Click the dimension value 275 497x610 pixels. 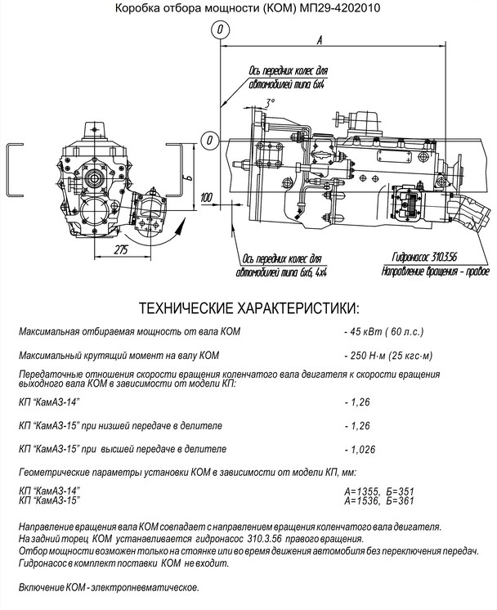pos(121,249)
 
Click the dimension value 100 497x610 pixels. pos(206,197)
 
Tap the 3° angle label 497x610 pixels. pos(270,102)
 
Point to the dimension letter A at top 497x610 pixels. pos(320,39)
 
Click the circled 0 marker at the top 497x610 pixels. pos(221,30)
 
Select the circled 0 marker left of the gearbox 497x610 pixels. pos(209,139)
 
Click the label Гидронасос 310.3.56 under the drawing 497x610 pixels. pos(424,257)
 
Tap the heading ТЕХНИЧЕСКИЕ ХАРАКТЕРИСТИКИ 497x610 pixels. pos(249,308)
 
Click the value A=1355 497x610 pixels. pos(361,491)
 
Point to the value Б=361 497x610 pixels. pos(401,500)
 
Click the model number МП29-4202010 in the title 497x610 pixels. pos(339,8)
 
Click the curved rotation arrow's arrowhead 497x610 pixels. pos(178,228)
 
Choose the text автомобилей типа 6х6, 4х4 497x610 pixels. pos(281,272)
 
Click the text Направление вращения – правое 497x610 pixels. pos(435,271)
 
